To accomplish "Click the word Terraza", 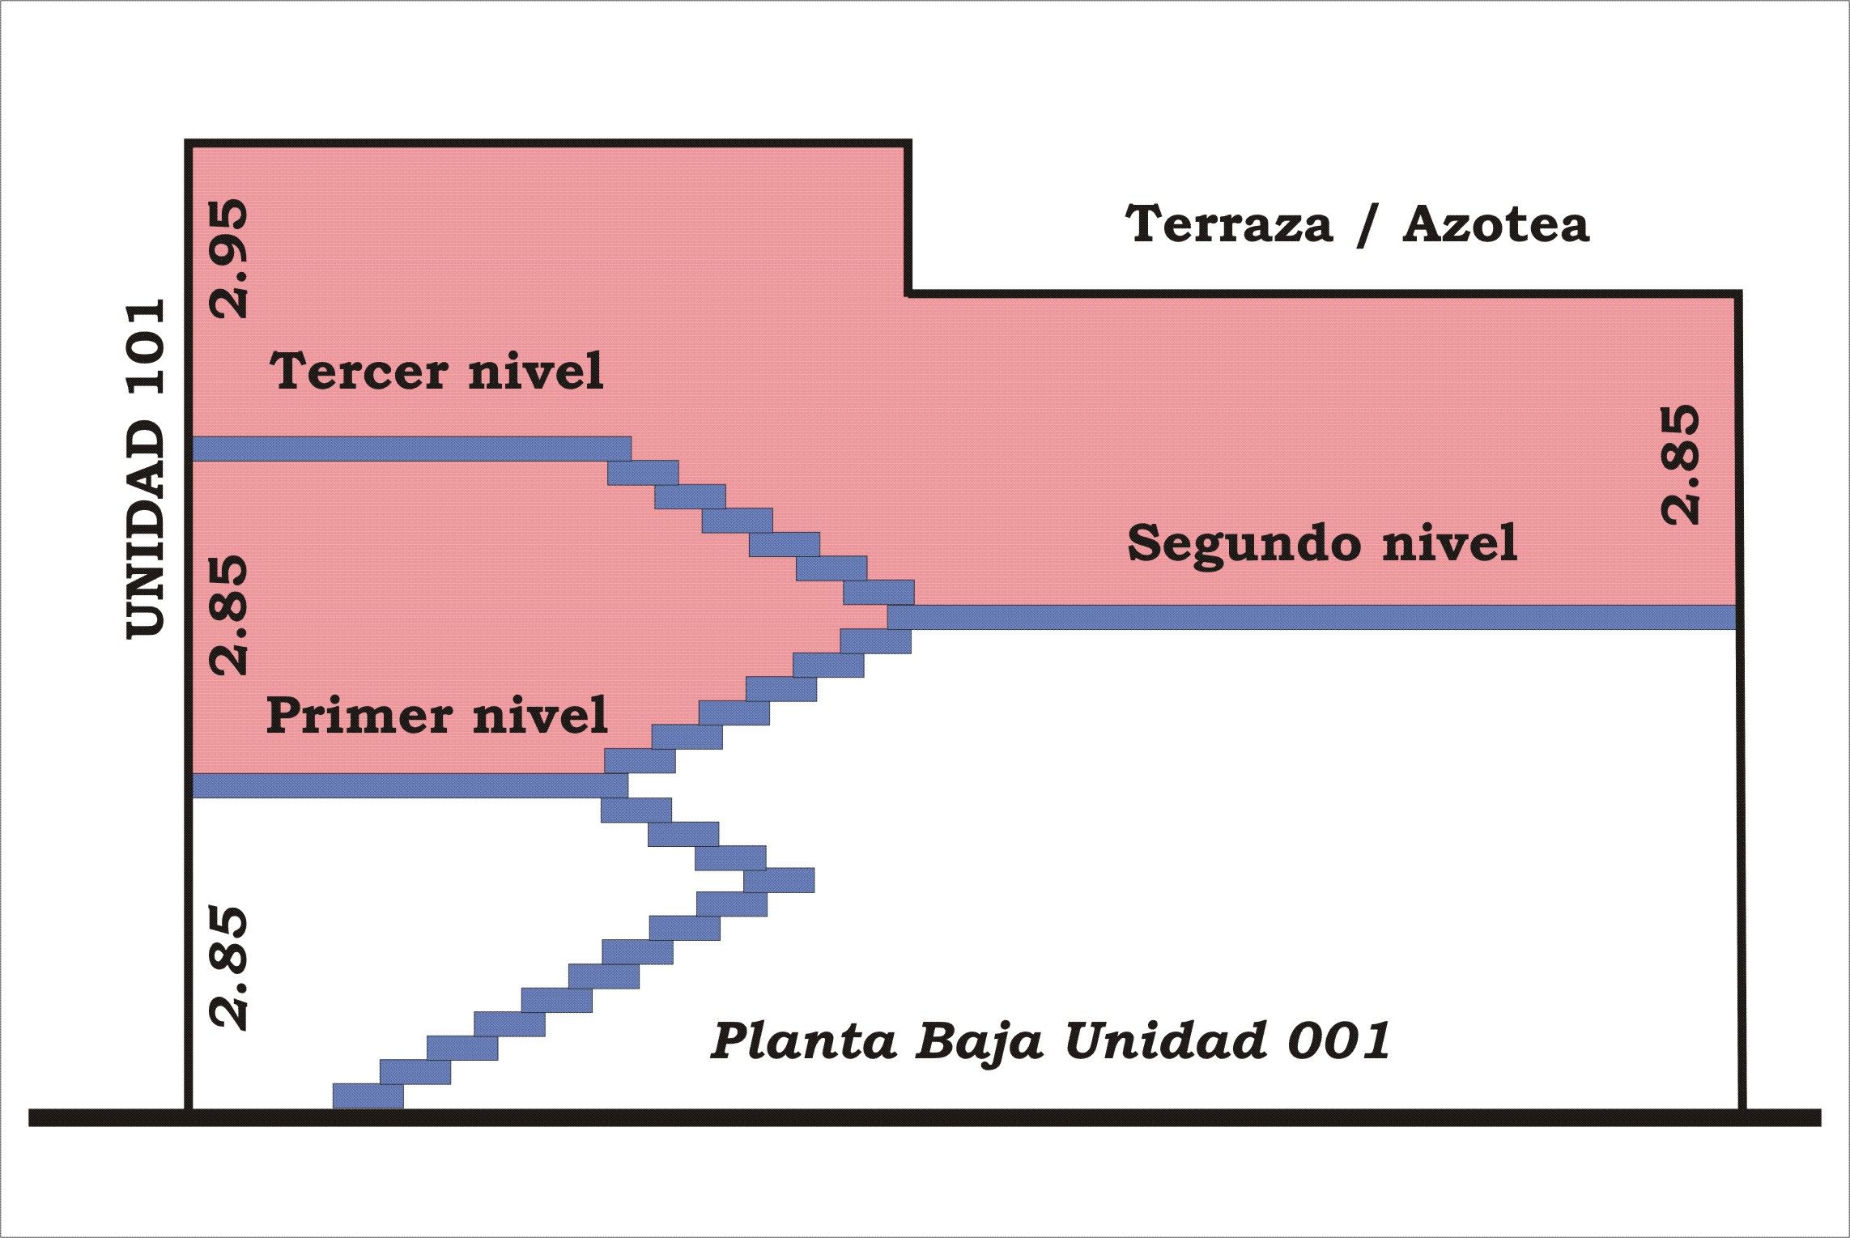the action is coord(1229,224).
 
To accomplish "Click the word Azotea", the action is coord(1496,224).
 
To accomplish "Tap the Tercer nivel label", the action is coord(436,372).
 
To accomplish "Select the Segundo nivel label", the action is coord(1322,543).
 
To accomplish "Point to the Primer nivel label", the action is coord(437,716).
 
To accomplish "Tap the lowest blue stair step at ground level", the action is coord(368,1095).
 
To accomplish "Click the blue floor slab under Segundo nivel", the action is coord(1312,617).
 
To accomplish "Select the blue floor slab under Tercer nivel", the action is coord(411,449).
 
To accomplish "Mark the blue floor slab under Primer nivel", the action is coord(410,785).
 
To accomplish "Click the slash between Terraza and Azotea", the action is coord(1367,225).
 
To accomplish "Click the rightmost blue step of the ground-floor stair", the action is coord(779,880).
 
